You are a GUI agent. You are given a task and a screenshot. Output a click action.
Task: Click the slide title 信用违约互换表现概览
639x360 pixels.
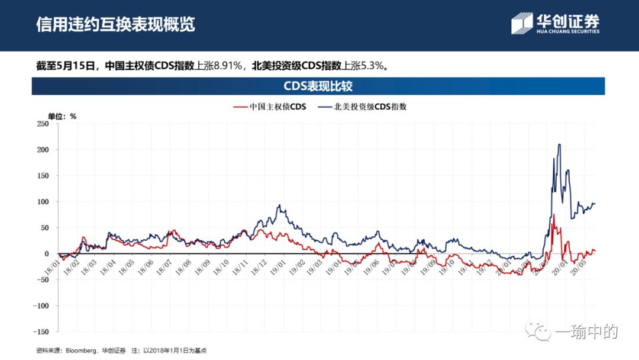115,25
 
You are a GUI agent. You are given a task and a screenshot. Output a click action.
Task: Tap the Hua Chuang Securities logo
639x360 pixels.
556,24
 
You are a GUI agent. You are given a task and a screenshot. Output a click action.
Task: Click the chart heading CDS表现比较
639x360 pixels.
318,86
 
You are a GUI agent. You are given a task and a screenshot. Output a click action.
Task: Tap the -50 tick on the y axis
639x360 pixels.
43,280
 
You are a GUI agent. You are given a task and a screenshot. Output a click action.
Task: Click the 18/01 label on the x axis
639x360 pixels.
52,263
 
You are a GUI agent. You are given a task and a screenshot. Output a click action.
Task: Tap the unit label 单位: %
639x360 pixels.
62,116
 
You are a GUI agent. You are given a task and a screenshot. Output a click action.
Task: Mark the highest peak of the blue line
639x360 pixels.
559,144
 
